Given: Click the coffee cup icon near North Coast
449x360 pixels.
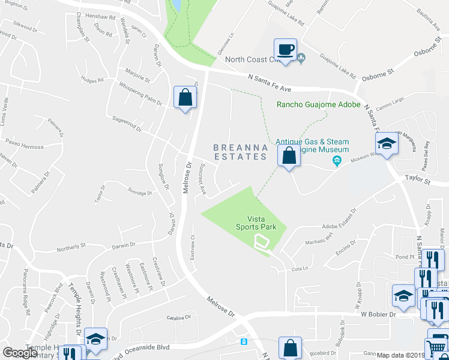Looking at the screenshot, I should [x=286, y=49].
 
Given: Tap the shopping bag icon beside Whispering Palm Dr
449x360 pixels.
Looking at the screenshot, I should [x=185, y=97].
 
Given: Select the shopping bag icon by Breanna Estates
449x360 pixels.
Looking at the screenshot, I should [x=289, y=156].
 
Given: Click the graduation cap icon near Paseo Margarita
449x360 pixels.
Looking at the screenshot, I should [x=387, y=143].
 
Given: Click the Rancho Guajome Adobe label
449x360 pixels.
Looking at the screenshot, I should [x=318, y=104].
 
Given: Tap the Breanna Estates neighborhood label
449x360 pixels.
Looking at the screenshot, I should [x=240, y=152].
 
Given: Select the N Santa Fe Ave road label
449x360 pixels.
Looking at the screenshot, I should [x=270, y=83].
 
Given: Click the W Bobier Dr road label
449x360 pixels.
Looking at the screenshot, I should [x=380, y=314].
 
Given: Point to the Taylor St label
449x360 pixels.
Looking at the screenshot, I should [x=418, y=179].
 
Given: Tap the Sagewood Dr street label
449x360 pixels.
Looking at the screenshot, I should [x=126, y=124].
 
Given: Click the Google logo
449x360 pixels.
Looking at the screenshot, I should [x=20, y=353].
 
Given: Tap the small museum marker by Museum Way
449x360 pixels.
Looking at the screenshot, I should [x=337, y=160].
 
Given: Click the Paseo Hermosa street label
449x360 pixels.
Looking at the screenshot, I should [x=25, y=147].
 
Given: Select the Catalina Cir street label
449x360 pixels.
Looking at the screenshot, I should [x=178, y=317].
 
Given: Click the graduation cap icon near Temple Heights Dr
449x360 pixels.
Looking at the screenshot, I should [x=95, y=339].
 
